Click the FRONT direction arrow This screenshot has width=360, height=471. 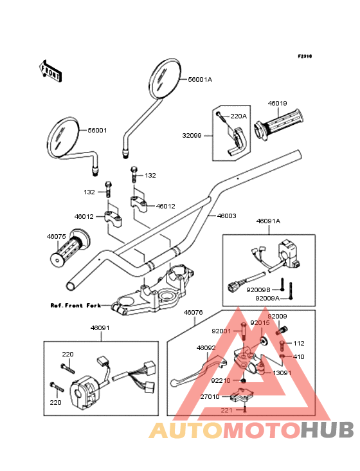[50, 71]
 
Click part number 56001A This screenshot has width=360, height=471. [200, 80]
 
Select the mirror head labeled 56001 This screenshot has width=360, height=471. [63, 137]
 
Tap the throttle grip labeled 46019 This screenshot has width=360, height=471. [279, 125]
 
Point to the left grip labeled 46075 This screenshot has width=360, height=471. [69, 248]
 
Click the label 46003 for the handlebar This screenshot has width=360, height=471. [226, 216]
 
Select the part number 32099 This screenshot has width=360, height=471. [192, 136]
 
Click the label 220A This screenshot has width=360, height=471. [239, 116]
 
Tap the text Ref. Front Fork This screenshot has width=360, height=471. [76, 306]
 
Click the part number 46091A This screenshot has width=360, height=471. [268, 221]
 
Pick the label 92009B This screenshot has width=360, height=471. [258, 290]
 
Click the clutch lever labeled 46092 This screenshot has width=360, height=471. [198, 371]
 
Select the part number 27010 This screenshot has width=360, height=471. [210, 397]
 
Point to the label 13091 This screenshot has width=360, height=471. [282, 373]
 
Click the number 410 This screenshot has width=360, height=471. [298, 357]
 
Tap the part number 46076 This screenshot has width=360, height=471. [194, 313]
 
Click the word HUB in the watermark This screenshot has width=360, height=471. [327, 430]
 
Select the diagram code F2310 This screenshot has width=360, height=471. [305, 56]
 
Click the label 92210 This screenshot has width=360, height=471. [221, 381]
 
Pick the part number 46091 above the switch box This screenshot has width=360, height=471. [100, 328]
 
